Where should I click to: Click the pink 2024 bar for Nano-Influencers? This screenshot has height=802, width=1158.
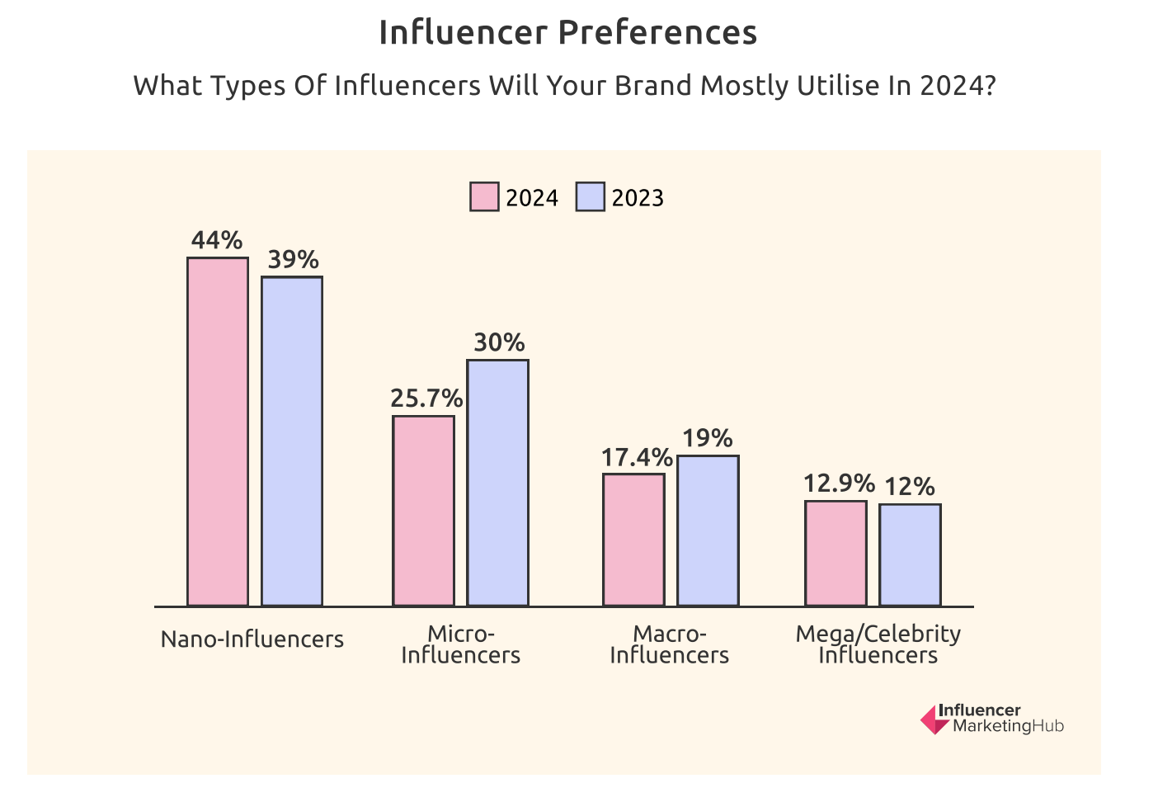[x=218, y=432]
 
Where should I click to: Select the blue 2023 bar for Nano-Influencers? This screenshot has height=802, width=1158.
[x=292, y=441]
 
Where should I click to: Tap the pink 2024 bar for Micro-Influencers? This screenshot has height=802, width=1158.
[x=423, y=511]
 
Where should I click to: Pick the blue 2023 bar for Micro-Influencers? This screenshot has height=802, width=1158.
[x=498, y=483]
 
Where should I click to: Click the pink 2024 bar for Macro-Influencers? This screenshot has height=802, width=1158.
[x=633, y=540]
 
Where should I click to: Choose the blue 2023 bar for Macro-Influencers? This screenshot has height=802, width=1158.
[x=708, y=531]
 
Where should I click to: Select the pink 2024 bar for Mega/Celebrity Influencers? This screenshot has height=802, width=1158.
[x=836, y=553]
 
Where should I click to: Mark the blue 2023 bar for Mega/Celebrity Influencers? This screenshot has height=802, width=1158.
[x=910, y=554]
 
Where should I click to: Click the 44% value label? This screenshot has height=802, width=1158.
[x=217, y=240]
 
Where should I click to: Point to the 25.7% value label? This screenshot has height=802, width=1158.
[x=426, y=399]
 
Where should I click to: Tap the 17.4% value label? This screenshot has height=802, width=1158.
[x=637, y=457]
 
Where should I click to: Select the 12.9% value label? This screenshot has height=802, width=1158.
[x=839, y=484]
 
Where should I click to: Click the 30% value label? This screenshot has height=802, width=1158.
[x=499, y=342]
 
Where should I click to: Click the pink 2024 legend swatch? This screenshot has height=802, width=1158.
[x=484, y=197]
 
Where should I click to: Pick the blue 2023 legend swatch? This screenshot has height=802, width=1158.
[x=591, y=197]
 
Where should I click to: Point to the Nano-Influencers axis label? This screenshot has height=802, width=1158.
[x=252, y=639]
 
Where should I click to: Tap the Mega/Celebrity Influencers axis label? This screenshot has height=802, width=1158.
[x=878, y=644]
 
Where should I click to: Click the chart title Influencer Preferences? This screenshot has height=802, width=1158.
[x=567, y=33]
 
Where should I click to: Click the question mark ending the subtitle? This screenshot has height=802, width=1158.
[x=990, y=86]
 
